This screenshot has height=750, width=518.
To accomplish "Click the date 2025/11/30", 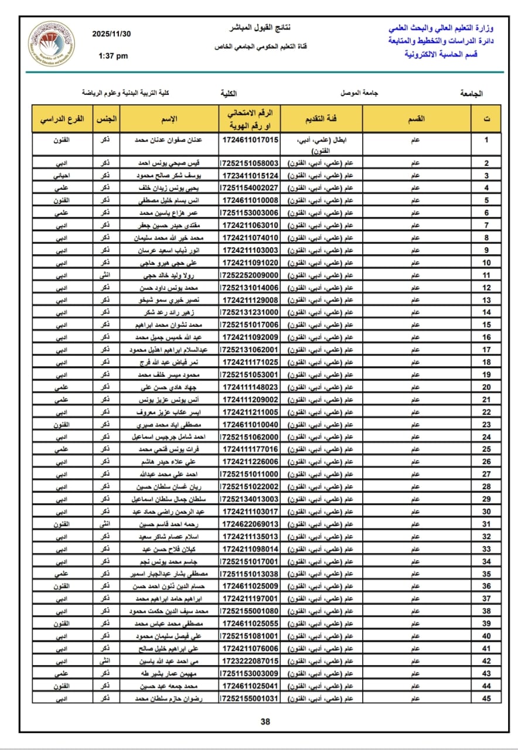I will [112, 34].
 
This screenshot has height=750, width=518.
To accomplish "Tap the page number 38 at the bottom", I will [265, 721].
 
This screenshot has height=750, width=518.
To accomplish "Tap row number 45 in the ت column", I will [486, 698].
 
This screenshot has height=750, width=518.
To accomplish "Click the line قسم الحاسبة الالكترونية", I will [441, 54].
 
